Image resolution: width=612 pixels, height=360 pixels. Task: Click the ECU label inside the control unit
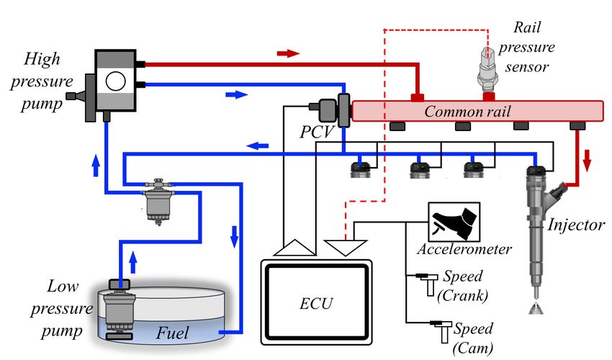click(316, 303)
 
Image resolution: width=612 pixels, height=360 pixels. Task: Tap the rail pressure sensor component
click(487, 70)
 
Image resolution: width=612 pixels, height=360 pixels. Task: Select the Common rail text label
click(467, 112)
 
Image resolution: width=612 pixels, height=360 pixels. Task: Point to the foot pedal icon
click(454, 222)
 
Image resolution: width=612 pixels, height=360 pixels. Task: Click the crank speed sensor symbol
click(428, 284)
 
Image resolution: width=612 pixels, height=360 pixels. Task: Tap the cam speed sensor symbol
click(441, 331)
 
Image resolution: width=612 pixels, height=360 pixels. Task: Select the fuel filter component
click(158, 202)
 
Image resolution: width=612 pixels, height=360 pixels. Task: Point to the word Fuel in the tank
click(173, 333)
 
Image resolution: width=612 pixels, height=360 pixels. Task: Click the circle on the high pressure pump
click(116, 81)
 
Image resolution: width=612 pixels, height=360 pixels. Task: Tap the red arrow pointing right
click(288, 53)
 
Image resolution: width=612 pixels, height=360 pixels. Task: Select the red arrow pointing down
click(587, 161)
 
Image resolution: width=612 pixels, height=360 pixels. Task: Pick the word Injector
click(576, 225)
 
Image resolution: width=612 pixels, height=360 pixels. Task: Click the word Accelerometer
click(464, 249)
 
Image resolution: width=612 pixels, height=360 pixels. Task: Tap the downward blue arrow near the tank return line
click(234, 237)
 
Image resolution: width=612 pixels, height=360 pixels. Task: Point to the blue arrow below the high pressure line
click(237, 94)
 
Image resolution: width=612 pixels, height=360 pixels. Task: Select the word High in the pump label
click(42, 60)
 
